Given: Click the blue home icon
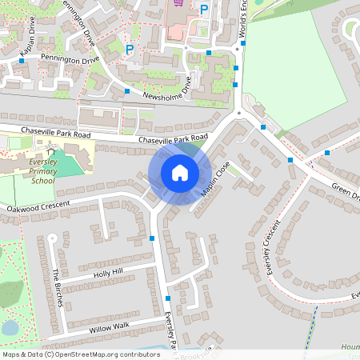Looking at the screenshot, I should click(180, 173).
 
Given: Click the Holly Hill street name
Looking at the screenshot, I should click(109, 274).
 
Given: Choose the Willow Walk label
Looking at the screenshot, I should click(109, 327).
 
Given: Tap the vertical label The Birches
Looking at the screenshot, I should click(58, 286).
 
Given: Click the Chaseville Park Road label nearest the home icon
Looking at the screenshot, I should click(167, 140).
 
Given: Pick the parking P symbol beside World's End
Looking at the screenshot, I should click(204, 10).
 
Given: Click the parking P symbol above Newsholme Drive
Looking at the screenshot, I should click(130, 49).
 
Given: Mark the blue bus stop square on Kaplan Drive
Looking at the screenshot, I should click(20, 60).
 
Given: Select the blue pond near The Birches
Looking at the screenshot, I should click(10, 326).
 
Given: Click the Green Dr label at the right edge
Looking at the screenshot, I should click(346, 194).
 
